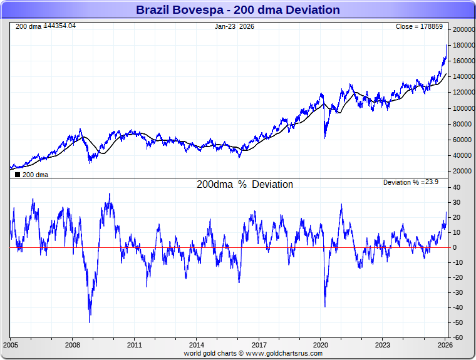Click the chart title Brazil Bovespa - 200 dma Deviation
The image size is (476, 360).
point(238,10)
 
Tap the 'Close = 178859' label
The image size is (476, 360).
point(419,27)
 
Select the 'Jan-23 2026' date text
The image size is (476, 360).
point(235,27)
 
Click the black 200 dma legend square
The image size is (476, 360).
point(18,175)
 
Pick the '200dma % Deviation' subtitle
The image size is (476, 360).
point(245,185)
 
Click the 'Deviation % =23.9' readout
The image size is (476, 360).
point(411,182)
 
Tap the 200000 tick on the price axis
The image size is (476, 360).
point(464,29)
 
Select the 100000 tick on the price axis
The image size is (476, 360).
point(464,108)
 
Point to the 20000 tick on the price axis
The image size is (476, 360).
point(463,171)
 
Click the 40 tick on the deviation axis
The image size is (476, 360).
point(458,187)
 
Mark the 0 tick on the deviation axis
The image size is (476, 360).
point(456,247)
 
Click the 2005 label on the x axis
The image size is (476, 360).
point(11,345)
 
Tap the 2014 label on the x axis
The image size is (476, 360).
point(197,345)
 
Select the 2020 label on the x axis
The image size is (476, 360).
point(321,345)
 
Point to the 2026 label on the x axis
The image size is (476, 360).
point(445,345)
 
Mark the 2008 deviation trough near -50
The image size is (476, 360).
point(90,322)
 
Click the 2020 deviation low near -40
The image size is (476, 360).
point(325,306)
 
